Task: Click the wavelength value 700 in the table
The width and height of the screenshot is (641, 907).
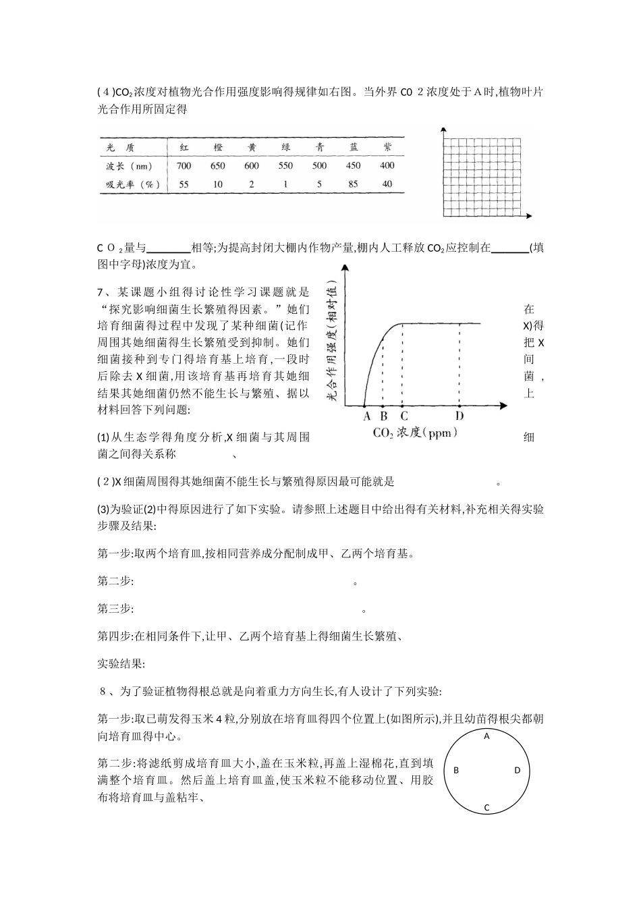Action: click(x=184, y=166)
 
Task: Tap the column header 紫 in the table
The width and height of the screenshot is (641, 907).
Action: click(x=387, y=147)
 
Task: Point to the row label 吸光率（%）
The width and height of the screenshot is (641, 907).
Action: click(x=130, y=184)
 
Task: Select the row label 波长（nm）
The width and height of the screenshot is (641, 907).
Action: click(x=130, y=166)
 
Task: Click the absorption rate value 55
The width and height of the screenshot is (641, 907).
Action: click(x=184, y=184)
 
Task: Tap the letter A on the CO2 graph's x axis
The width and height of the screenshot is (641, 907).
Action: click(x=366, y=416)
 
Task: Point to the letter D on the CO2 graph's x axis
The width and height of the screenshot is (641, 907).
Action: click(x=459, y=416)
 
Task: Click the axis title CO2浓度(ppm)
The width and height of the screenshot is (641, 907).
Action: click(x=415, y=433)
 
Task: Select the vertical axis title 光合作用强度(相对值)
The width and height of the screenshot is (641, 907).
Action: click(x=332, y=341)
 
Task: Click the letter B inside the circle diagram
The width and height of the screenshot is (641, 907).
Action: click(x=456, y=770)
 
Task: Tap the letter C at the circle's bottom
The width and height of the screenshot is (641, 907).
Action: click(x=486, y=807)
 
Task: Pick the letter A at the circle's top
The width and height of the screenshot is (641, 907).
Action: click(x=486, y=736)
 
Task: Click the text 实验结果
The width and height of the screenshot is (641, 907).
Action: click(x=120, y=664)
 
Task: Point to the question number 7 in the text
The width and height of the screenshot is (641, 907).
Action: click(x=101, y=292)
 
